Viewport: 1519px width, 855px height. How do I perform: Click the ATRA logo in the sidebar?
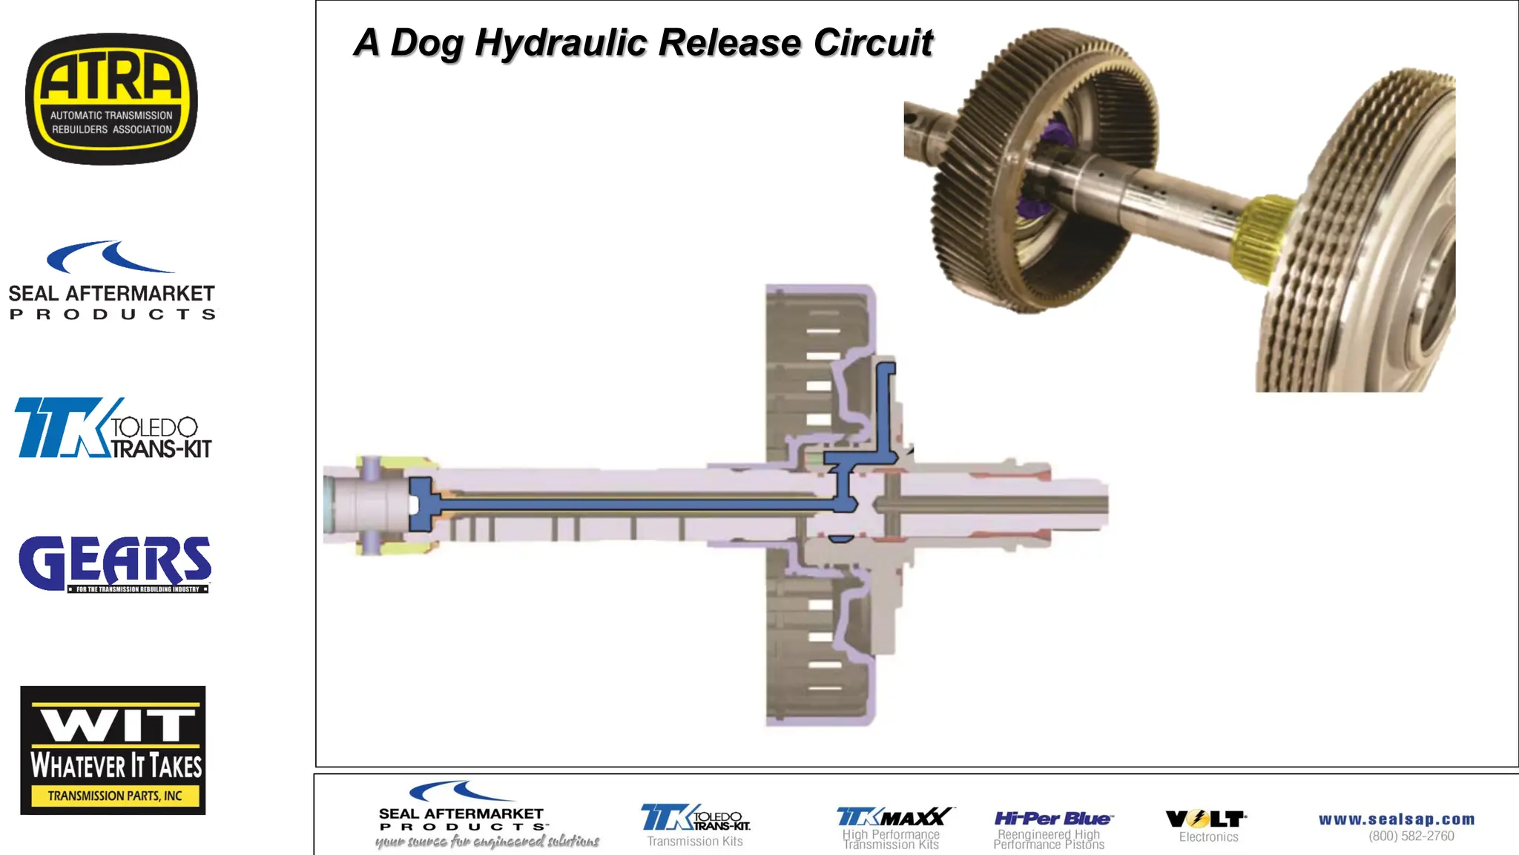(111, 99)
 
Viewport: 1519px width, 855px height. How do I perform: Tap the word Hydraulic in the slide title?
(561, 43)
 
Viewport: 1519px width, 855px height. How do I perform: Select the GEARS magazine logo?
(115, 564)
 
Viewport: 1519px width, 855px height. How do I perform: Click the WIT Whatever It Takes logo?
(113, 750)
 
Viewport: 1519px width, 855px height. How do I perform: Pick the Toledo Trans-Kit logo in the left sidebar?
(113, 428)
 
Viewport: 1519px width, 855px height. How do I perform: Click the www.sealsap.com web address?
(1397, 819)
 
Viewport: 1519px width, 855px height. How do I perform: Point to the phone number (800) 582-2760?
(1411, 836)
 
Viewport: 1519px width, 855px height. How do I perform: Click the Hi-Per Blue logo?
(1052, 819)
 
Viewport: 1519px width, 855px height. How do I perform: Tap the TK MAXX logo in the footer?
(893, 817)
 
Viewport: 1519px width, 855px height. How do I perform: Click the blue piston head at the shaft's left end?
(421, 504)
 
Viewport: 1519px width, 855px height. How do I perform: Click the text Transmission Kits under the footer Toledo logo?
(695, 842)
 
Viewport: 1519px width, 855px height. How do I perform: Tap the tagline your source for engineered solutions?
(487, 842)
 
